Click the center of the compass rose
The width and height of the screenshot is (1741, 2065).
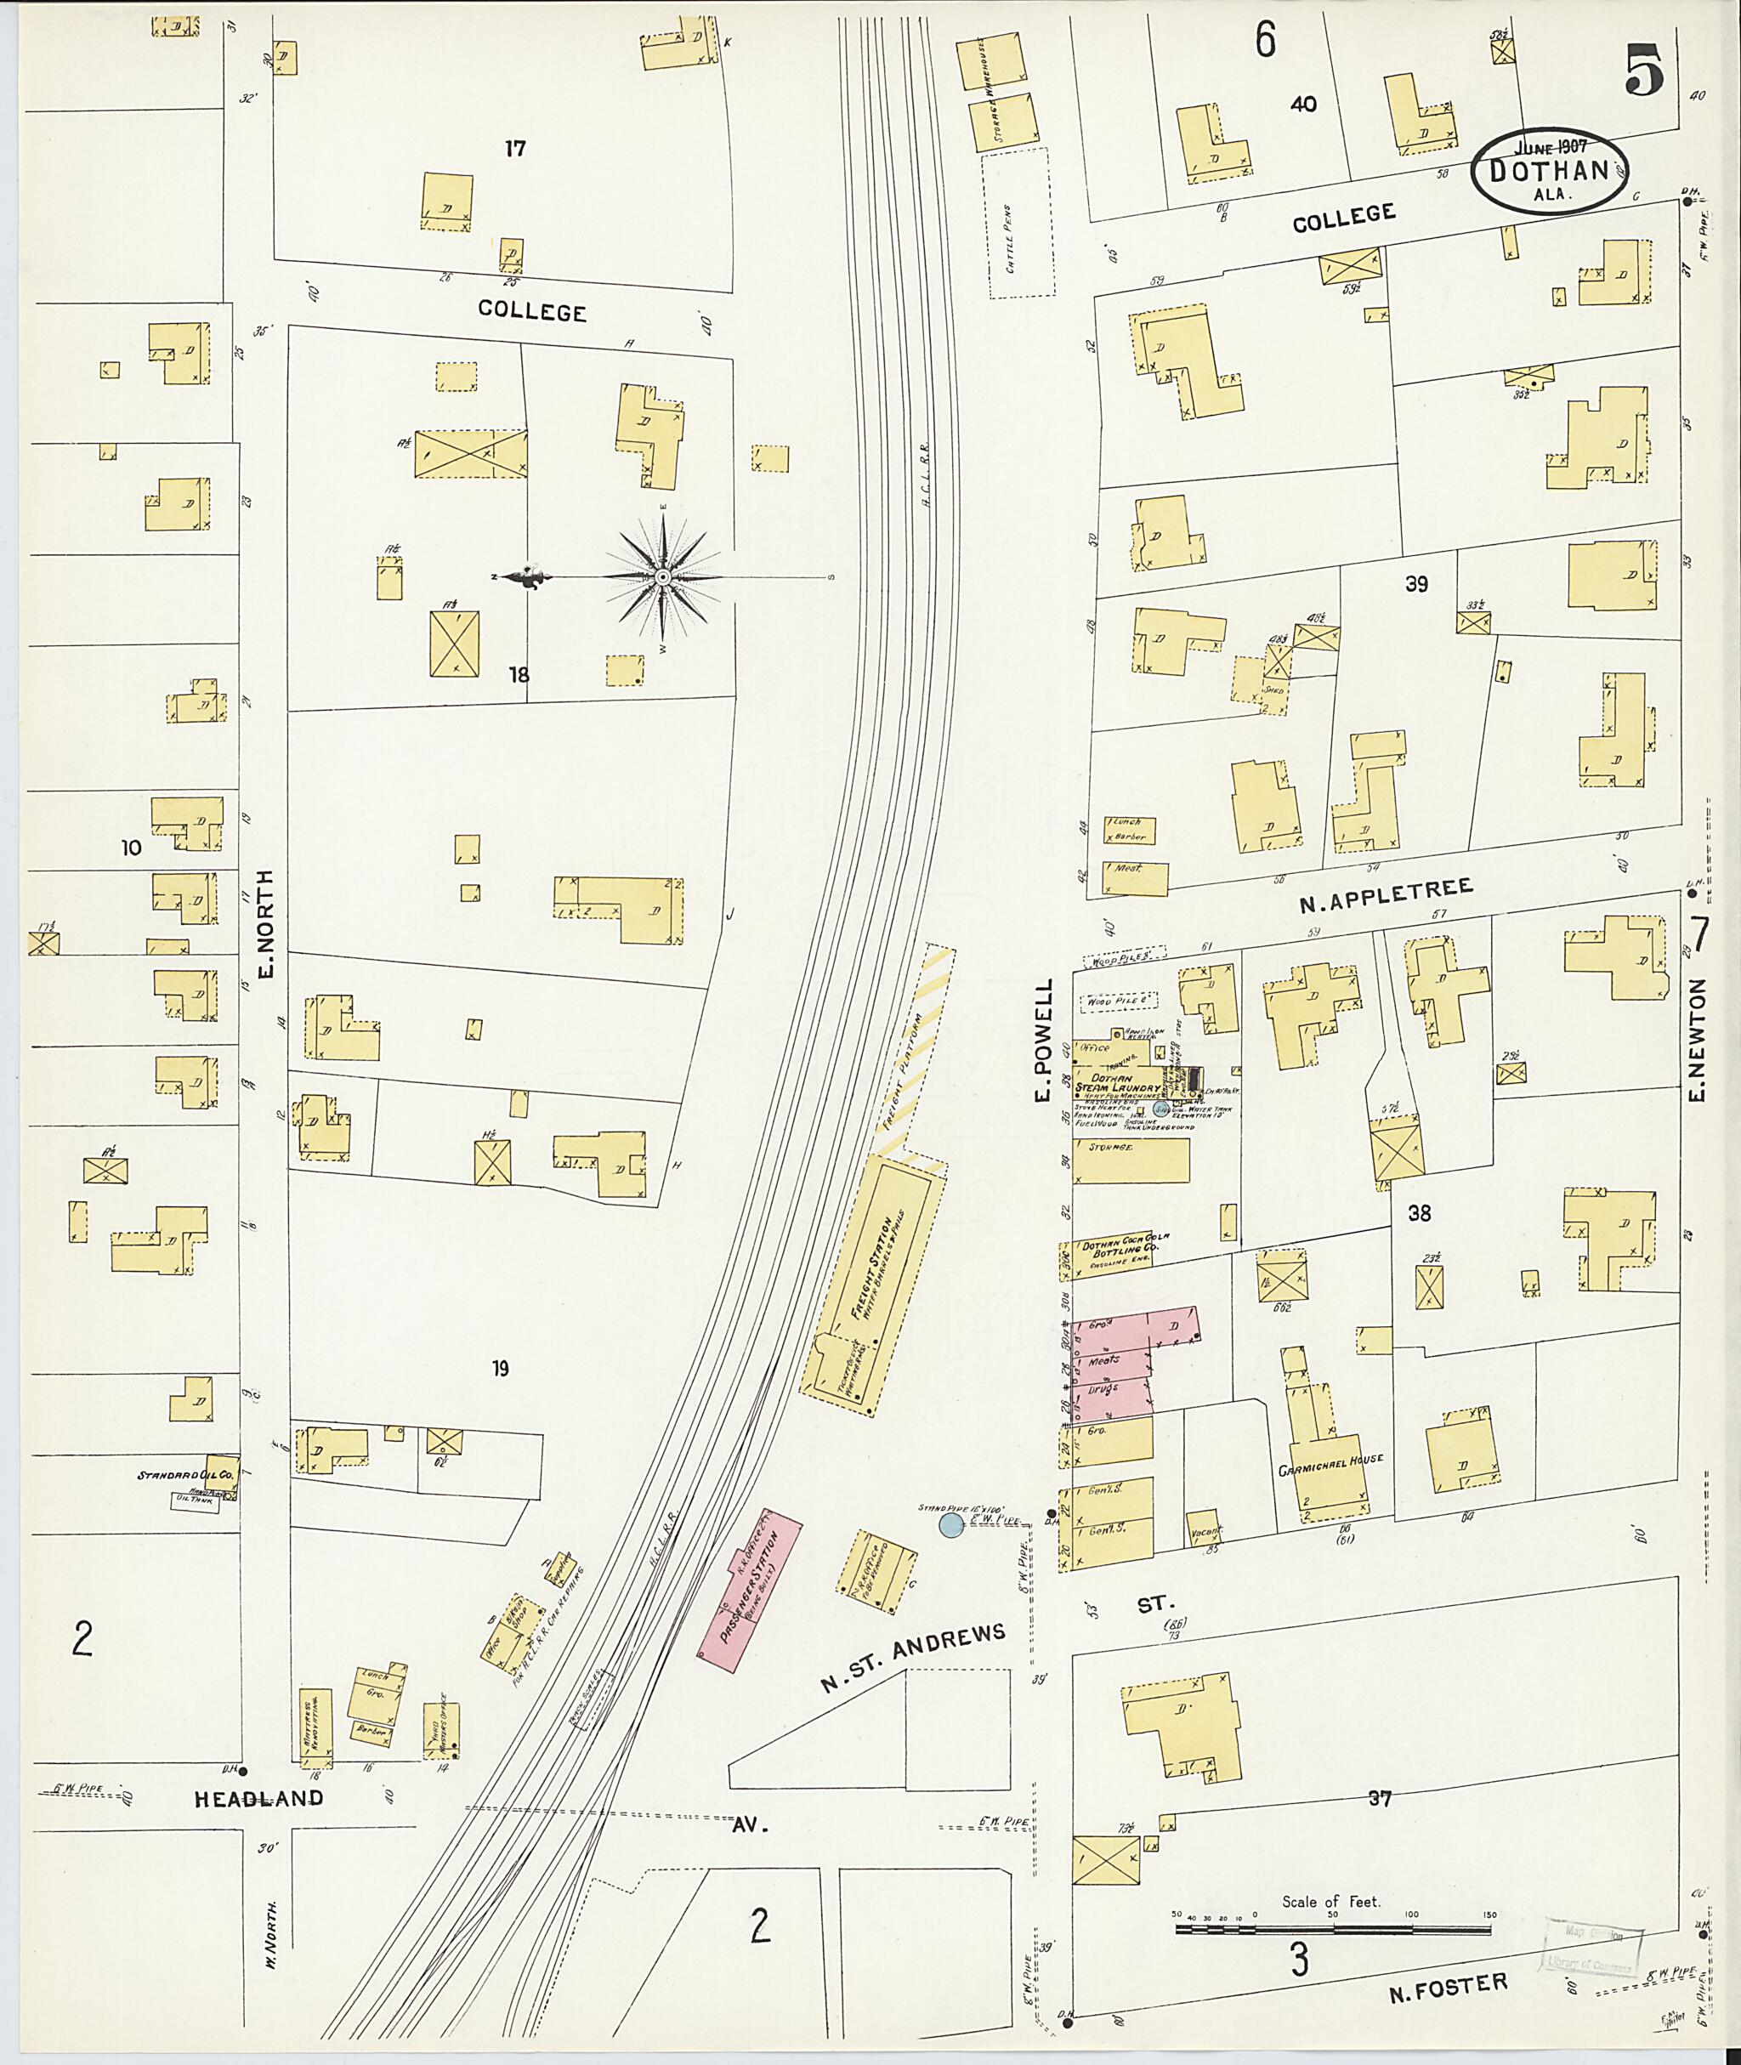pos(663,576)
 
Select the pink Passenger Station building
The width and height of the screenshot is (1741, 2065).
pos(748,1588)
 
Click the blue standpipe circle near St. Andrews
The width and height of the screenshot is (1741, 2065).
pos(950,1526)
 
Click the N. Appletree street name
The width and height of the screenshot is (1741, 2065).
pos(1385,895)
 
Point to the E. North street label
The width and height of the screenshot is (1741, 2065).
pos(264,923)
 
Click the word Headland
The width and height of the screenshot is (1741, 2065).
pos(258,1799)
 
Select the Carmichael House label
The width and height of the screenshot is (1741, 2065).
pos(1330,1459)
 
